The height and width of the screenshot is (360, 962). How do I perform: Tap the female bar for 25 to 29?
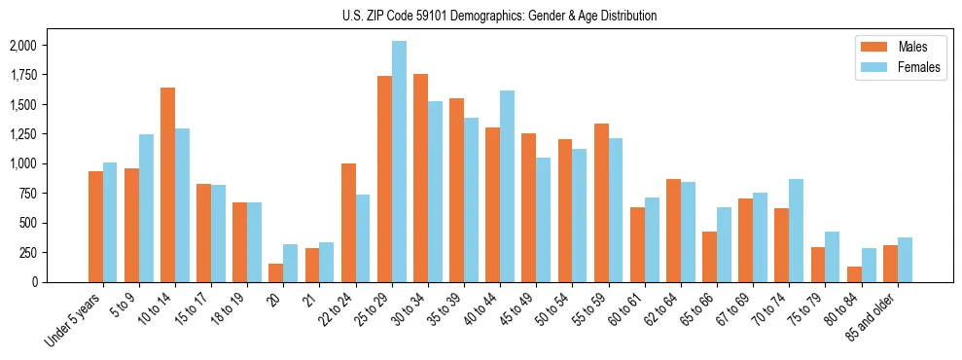pyautogui.click(x=399, y=162)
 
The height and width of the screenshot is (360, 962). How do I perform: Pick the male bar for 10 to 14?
pyautogui.click(x=167, y=185)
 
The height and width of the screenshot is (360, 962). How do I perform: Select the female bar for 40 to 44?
pyautogui.click(x=507, y=186)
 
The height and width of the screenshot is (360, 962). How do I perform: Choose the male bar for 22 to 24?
pyautogui.click(x=348, y=223)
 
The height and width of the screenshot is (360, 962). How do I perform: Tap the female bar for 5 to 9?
pyautogui.click(x=146, y=208)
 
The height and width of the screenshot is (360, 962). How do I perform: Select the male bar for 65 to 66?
pyautogui.click(x=710, y=257)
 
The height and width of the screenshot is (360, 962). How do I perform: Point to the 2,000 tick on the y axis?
pyautogui.click(x=22, y=46)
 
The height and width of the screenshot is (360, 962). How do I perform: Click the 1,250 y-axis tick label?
pyautogui.click(x=22, y=134)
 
